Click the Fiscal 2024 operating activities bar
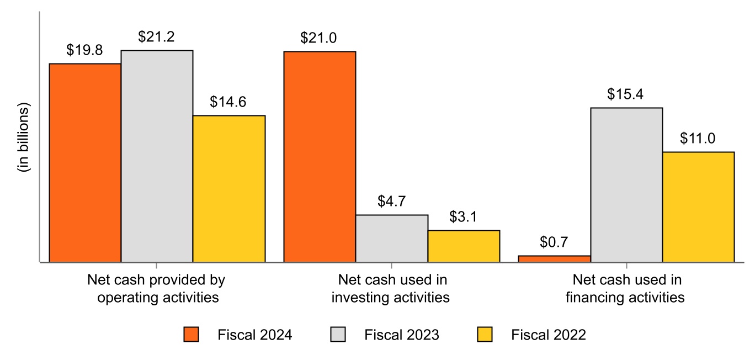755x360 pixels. tap(85, 162)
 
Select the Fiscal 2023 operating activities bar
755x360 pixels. tap(157, 156)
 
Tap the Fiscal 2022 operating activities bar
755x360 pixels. tap(229, 188)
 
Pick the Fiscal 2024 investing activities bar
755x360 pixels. tap(320, 156)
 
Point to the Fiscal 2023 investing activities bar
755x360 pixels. tap(392, 238)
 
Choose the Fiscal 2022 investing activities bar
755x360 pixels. tap(464, 246)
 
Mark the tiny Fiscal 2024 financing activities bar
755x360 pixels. tap(555, 258)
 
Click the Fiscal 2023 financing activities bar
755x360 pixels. tap(626, 184)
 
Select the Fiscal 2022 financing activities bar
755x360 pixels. tap(698, 207)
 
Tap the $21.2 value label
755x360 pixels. tap(156, 38)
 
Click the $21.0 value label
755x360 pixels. tap(319, 38)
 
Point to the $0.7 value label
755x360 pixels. tap(554, 242)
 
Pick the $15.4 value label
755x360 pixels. tap(626, 94)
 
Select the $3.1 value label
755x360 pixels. tap(464, 217)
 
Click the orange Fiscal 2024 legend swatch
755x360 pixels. tap(191, 335)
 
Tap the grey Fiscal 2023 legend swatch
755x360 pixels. tap(338, 335)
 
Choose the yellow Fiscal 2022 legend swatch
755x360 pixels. tap(485, 335)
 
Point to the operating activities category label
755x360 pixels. tap(157, 289)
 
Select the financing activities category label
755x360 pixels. tap(626, 289)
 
